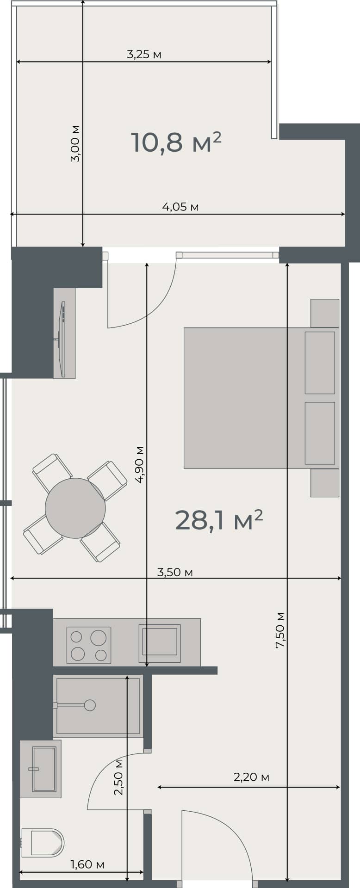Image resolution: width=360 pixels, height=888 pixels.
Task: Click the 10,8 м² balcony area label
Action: (x=176, y=142)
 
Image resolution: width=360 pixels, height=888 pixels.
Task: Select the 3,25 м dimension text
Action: (x=144, y=55)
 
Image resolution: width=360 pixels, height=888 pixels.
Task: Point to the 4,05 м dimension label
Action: (x=180, y=207)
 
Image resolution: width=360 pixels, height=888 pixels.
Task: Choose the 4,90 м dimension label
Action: (x=140, y=464)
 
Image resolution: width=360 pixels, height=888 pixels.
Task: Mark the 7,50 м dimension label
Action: (x=280, y=629)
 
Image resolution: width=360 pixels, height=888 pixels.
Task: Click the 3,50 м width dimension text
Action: (x=175, y=572)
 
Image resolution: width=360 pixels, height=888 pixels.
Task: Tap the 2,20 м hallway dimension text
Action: (x=251, y=777)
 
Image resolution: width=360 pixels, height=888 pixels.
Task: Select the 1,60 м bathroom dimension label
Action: (x=87, y=864)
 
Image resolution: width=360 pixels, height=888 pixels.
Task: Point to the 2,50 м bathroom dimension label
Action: (x=119, y=777)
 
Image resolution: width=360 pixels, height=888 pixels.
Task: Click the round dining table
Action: (x=75, y=508)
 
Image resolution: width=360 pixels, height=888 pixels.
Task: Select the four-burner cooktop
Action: (x=89, y=645)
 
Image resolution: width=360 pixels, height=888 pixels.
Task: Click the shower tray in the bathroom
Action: (x=97, y=705)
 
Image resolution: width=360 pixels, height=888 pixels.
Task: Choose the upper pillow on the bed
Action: (x=320, y=363)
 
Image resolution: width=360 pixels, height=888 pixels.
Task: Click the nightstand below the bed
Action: (x=325, y=483)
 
